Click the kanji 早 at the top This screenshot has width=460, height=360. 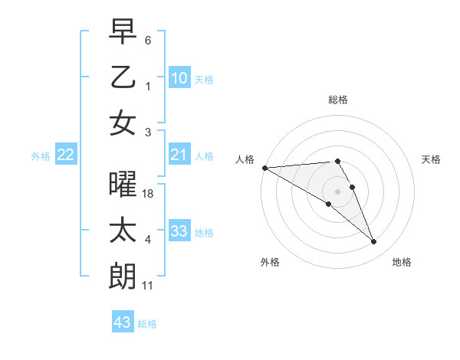coord(123,32)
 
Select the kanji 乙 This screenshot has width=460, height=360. coord(123,77)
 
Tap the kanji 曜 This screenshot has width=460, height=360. coord(123,185)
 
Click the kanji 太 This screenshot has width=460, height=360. coord(123,231)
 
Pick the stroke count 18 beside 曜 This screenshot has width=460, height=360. coord(149,195)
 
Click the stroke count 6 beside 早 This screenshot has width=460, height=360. coord(148,41)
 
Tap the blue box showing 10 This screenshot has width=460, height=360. coord(179,78)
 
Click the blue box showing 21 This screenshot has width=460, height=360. coord(179,155)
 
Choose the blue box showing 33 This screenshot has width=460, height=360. coord(179,231)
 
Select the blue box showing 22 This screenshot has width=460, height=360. coord(66,155)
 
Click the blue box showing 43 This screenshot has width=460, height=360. coord(123,322)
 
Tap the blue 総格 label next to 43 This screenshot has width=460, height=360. coord(147,324)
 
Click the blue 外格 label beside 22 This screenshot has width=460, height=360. coord(41,156)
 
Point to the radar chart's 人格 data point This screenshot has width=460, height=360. coord(264,168)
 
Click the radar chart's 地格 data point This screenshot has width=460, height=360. coord(374,242)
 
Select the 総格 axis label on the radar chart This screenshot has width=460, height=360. coord(338,100)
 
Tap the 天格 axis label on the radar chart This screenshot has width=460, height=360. coord(432,159)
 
